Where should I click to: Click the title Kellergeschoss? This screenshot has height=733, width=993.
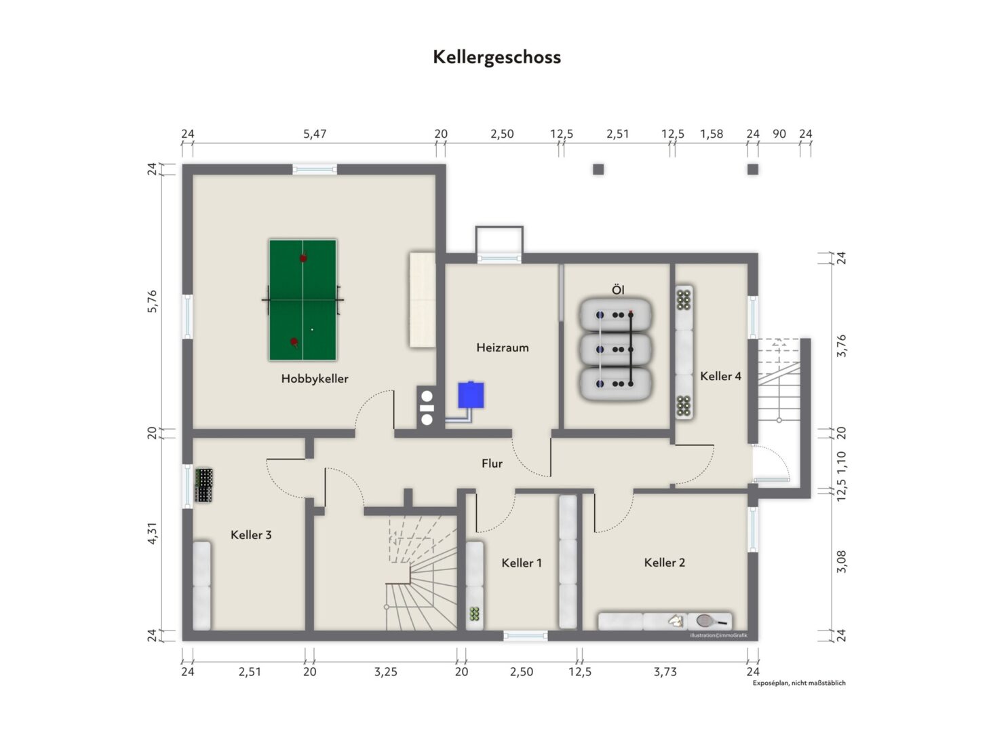coord(497,58)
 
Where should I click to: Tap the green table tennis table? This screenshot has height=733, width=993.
coord(303,300)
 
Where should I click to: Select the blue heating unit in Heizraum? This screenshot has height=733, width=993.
coord(471,394)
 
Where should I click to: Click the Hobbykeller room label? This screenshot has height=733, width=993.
coord(315,379)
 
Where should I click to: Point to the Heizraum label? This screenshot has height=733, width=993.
coord(503,347)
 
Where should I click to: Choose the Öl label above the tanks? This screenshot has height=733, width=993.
coord(618,290)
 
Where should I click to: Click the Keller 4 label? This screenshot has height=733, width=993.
coord(720,376)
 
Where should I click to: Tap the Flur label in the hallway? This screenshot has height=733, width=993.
coord(492,464)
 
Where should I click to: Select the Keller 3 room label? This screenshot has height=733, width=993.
coord(251,535)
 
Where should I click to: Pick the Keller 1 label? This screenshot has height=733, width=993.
coord(522,563)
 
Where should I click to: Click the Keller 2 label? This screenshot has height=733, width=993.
coord(665,563)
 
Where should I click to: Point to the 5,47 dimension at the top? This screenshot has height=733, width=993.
coord(315,134)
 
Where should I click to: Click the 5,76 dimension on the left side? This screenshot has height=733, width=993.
coord(152,301)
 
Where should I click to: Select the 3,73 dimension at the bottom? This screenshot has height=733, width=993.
coord(665,672)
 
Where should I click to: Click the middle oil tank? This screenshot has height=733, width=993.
coord(615,350)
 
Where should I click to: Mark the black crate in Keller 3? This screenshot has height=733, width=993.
coord(204,485)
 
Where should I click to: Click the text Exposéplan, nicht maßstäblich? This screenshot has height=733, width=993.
coord(799,683)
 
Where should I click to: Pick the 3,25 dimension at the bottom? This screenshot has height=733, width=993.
coord(386,672)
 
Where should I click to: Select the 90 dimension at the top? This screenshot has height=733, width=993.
coord(779,134)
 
